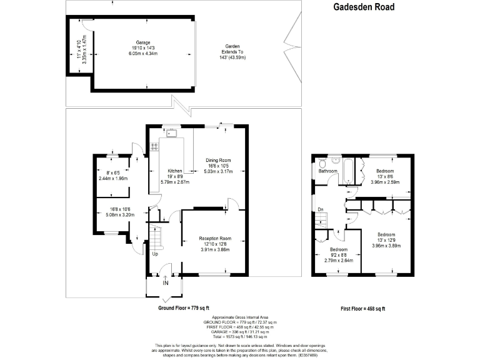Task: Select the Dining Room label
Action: (218, 161)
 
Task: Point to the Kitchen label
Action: (174, 171)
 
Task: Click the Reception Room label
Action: (215, 238)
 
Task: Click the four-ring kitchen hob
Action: (153, 147)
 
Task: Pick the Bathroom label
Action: (327, 171)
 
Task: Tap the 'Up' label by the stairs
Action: (154, 254)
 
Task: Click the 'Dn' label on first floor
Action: (320, 209)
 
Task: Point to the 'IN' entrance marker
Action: (165, 283)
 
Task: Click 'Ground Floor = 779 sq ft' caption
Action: (183, 308)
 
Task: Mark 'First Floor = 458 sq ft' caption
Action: (362, 308)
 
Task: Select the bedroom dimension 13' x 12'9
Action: (387, 240)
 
